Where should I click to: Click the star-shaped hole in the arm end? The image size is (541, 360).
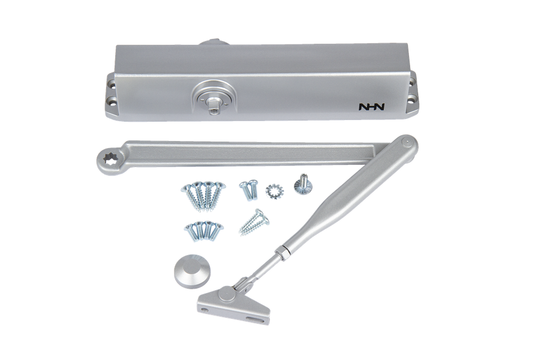[110, 159]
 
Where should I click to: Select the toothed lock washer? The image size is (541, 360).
[274, 190]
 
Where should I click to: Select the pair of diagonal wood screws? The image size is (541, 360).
[254, 222]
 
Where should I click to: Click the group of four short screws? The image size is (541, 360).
[204, 230]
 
